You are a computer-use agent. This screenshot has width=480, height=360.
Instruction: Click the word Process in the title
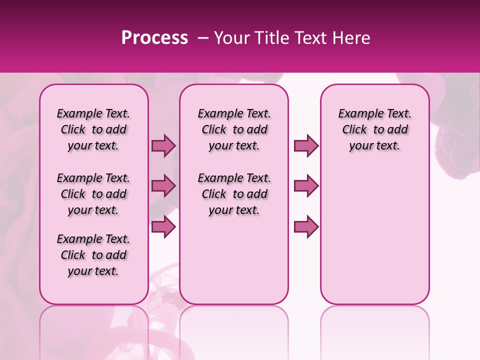[154, 38]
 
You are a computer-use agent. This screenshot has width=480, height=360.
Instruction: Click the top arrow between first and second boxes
[163, 145]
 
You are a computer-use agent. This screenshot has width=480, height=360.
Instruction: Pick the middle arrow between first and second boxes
[163, 186]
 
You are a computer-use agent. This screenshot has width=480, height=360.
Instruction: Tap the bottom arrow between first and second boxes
[163, 226]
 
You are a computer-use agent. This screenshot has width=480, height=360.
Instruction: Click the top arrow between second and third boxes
[306, 145]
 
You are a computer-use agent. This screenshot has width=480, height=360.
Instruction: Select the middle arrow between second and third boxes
[306, 186]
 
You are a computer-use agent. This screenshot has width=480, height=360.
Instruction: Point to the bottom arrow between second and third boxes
[306, 226]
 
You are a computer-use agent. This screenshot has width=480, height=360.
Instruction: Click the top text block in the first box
[93, 129]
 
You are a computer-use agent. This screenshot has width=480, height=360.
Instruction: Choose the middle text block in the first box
[93, 194]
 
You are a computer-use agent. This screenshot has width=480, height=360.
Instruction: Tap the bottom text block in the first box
[93, 255]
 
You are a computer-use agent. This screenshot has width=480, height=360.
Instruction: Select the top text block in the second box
[234, 129]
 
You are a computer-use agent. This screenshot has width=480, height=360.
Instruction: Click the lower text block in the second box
[234, 194]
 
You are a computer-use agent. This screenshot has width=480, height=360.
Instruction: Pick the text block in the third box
[374, 129]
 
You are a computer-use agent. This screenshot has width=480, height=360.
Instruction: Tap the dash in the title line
[203, 38]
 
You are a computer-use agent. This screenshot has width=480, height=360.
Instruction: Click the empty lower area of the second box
[234, 260]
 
